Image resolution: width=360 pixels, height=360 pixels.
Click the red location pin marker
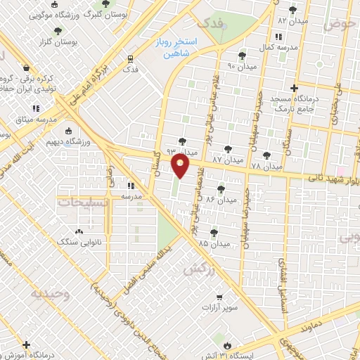point(181,167)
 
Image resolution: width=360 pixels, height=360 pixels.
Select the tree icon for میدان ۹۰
point(242,55)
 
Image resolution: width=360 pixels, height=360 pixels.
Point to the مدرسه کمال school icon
point(279,37)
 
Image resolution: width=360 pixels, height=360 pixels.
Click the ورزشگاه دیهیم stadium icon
point(68,131)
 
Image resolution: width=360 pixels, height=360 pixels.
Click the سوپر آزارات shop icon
point(220,297)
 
